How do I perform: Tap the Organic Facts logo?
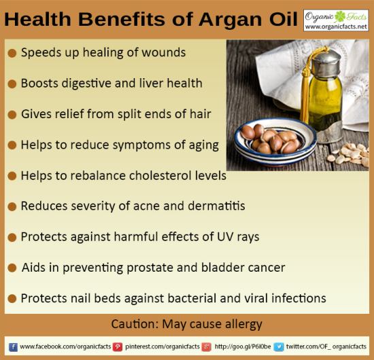click(336, 20)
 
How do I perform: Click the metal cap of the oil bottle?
click(326, 63)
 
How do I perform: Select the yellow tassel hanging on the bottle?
click(306, 90)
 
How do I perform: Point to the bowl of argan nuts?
click(275, 141)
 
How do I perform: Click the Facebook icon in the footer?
click(13, 347)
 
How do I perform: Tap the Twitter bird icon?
click(279, 347)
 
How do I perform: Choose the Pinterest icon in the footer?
click(118, 347)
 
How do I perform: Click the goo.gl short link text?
click(243, 346)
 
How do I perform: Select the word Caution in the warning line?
click(135, 324)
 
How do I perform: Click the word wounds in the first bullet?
click(163, 52)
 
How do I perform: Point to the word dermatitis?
click(216, 206)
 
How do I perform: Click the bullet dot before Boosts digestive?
click(12, 84)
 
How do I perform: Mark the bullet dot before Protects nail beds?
click(12, 299)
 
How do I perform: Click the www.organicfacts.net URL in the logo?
click(336, 26)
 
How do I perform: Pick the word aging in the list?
click(204, 145)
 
